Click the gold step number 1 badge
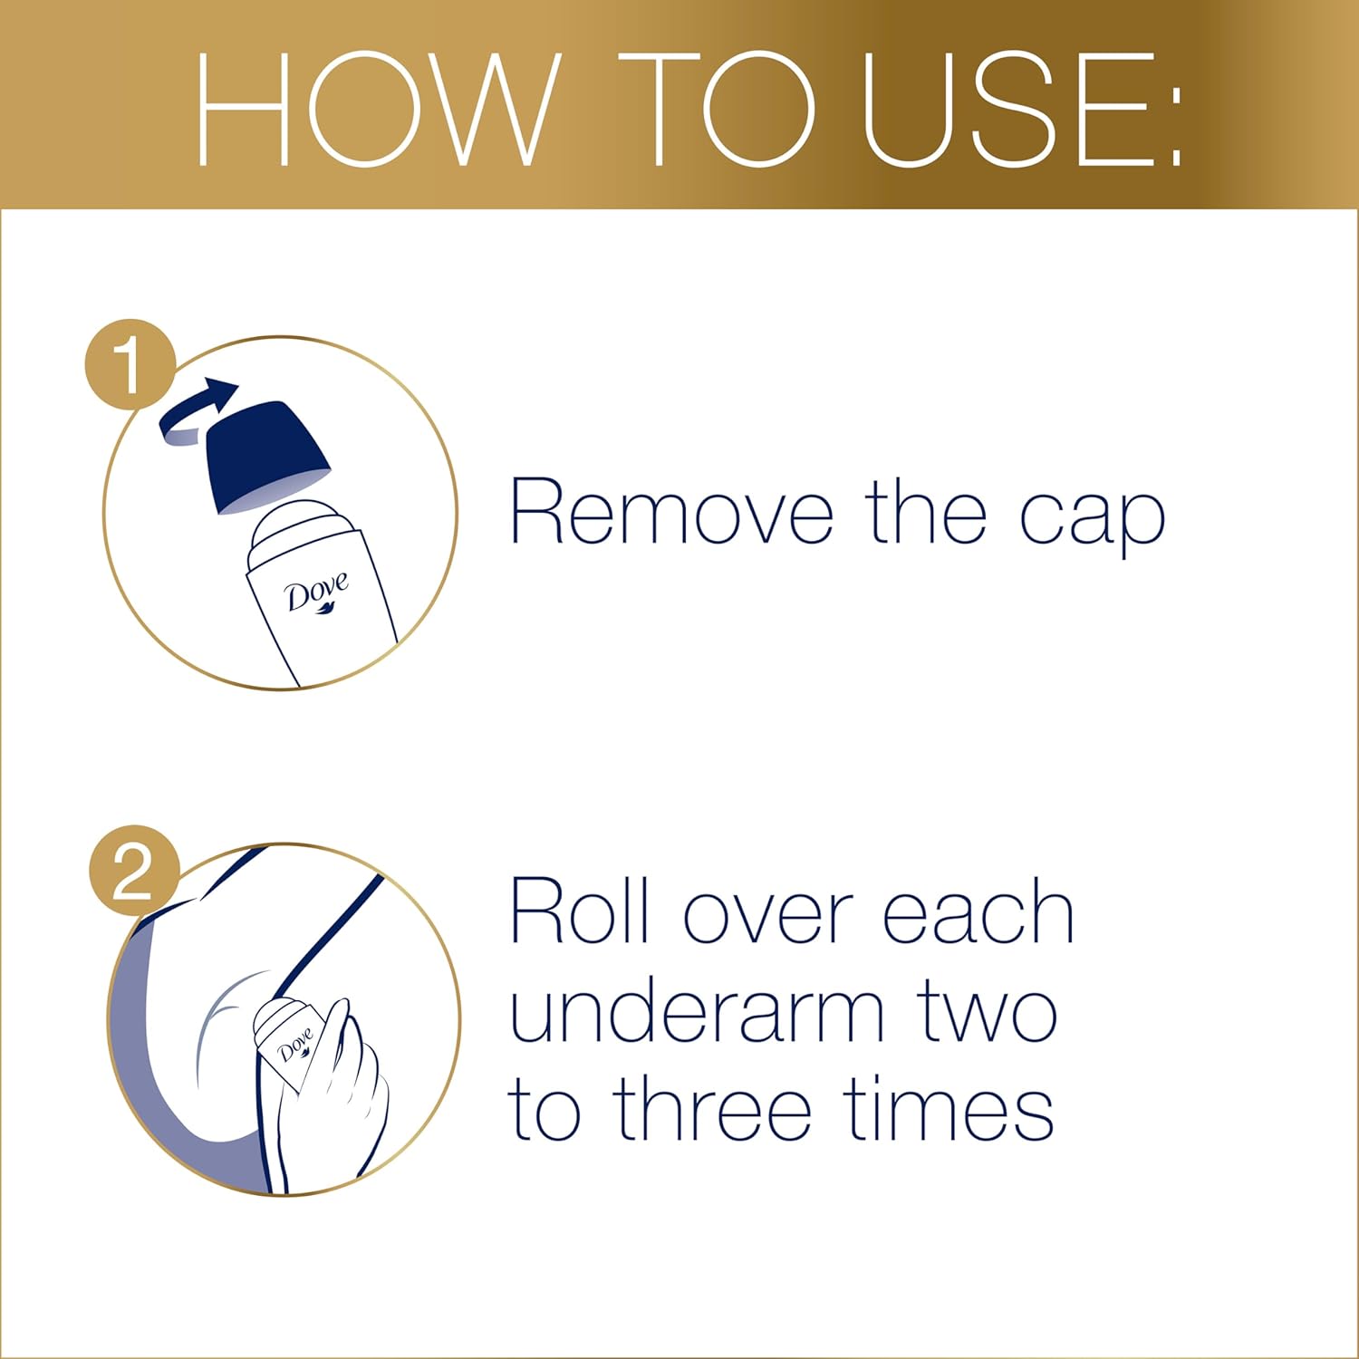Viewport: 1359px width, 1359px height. pyautogui.click(x=130, y=363)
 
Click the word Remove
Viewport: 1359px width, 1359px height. pyautogui.click(x=671, y=514)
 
